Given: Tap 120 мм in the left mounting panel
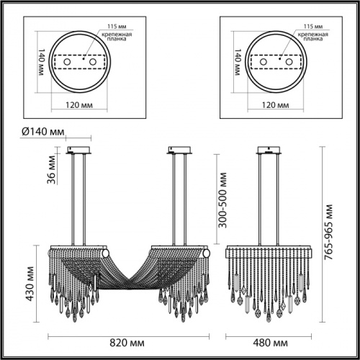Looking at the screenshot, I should pos(80,105).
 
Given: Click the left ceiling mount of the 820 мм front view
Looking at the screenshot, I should pos(78,151).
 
